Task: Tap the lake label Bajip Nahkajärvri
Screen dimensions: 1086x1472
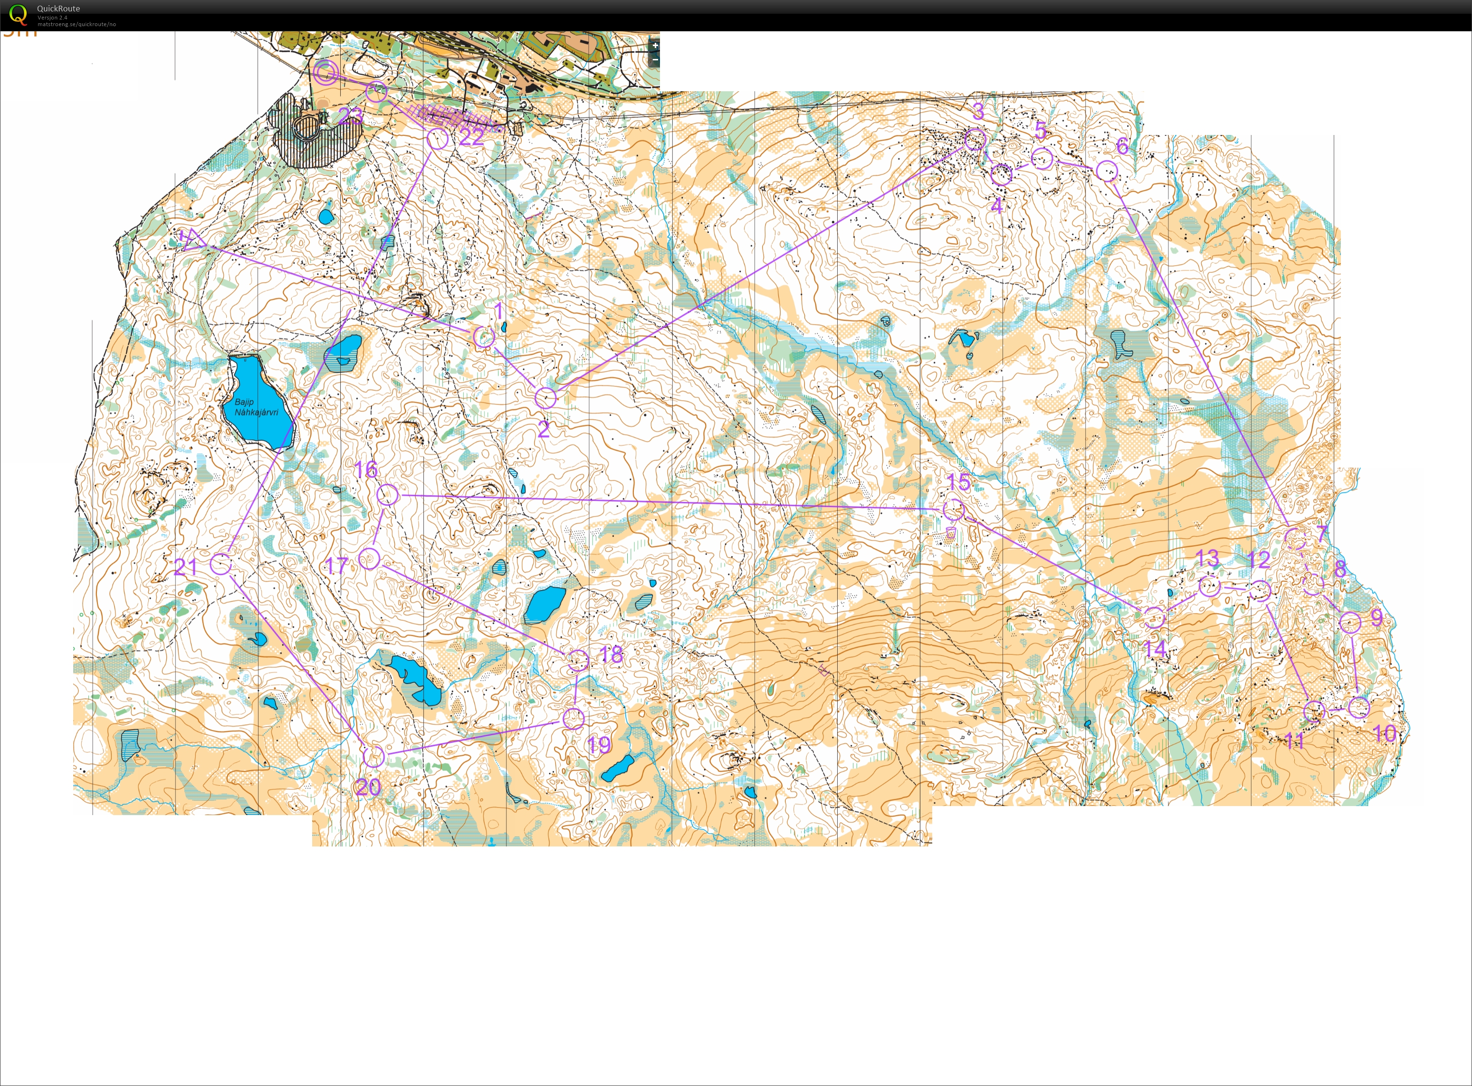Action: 256,407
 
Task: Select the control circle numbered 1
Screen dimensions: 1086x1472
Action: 484,337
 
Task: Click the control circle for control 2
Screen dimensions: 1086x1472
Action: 545,398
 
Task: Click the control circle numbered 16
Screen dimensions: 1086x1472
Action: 388,495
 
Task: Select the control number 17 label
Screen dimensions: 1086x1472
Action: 336,566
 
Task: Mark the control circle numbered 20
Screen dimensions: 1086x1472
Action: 373,757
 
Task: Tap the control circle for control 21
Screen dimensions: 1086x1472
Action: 221,563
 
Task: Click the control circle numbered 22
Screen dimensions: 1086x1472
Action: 438,139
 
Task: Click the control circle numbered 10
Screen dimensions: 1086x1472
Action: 1359,707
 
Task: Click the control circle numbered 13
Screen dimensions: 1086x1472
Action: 1209,585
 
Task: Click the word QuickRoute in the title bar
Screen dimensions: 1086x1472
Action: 58,9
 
